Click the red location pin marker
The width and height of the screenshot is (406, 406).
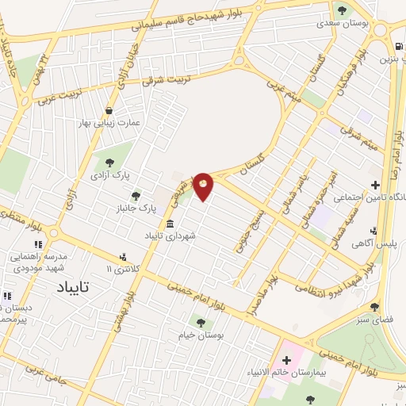[203, 186]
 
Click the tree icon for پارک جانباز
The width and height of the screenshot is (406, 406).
[136, 195]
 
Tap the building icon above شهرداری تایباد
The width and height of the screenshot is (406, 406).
[170, 223]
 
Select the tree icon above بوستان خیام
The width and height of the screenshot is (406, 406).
[201, 323]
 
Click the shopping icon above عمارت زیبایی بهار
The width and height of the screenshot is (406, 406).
[108, 110]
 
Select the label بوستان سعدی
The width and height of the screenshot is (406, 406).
[343, 23]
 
